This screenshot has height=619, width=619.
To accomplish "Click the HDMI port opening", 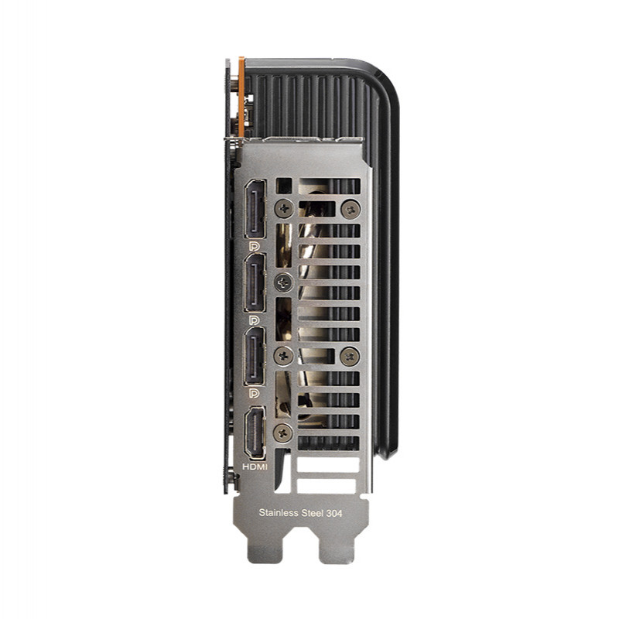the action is pyautogui.click(x=255, y=433).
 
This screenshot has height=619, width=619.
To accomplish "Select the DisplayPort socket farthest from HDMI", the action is pyautogui.click(x=255, y=209).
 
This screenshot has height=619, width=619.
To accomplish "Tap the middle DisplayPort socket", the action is pyautogui.click(x=255, y=282).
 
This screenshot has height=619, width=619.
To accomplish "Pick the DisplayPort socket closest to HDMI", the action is pyautogui.click(x=255, y=356).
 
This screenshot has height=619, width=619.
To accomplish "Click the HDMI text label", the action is pyautogui.click(x=255, y=467).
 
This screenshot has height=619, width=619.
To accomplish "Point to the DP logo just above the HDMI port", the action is pyautogui.click(x=255, y=393).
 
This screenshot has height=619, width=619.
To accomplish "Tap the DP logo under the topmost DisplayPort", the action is pyautogui.click(x=255, y=247).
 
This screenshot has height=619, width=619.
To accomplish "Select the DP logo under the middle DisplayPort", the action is pyautogui.click(x=255, y=320).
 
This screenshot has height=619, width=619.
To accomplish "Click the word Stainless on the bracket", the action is pyautogui.click(x=279, y=513).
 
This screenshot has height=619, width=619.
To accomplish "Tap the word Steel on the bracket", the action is pyautogui.click(x=313, y=513).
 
